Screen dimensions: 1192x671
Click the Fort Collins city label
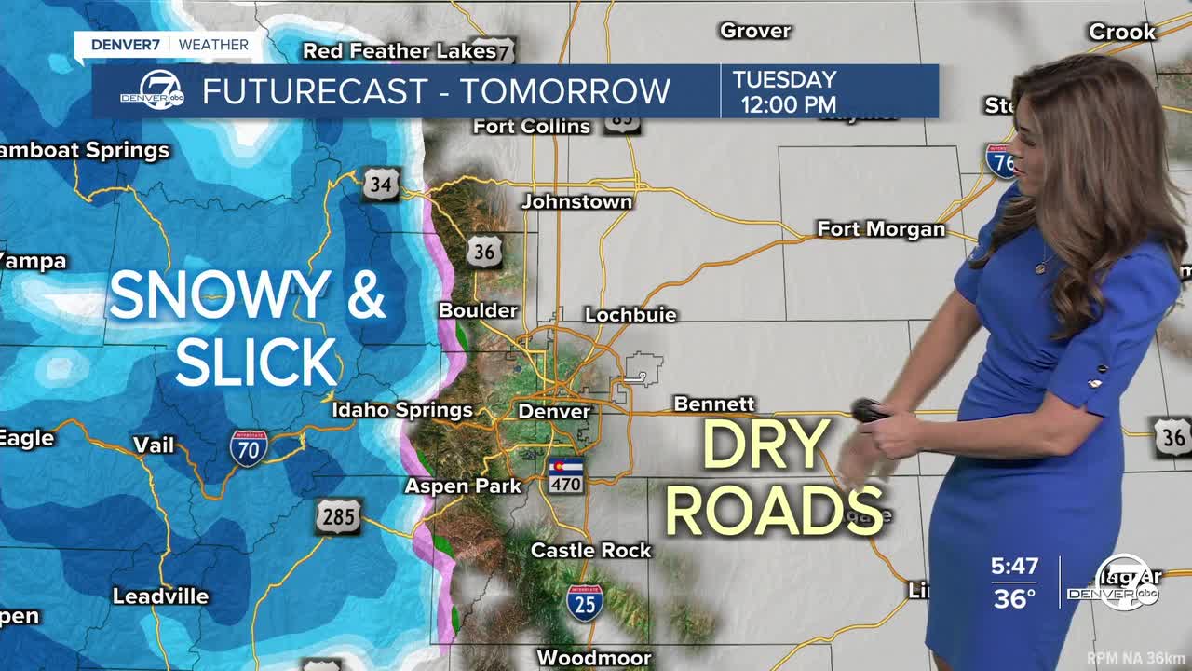(532, 127)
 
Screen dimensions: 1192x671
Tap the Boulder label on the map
(478, 310)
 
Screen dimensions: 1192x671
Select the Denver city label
(554, 411)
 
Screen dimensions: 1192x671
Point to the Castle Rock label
(590, 551)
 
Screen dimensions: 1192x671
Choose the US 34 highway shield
(381, 184)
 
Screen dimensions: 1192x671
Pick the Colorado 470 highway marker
(565, 475)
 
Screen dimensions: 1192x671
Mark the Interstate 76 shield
(1001, 160)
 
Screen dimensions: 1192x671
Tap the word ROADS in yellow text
(774, 510)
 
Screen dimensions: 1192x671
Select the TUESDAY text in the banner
(784, 80)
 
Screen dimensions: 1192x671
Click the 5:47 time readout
(1014, 567)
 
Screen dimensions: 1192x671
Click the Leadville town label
(160, 596)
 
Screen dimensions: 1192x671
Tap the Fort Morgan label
(881, 229)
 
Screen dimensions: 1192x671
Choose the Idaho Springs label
(402, 410)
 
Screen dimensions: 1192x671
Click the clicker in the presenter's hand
(869, 410)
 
